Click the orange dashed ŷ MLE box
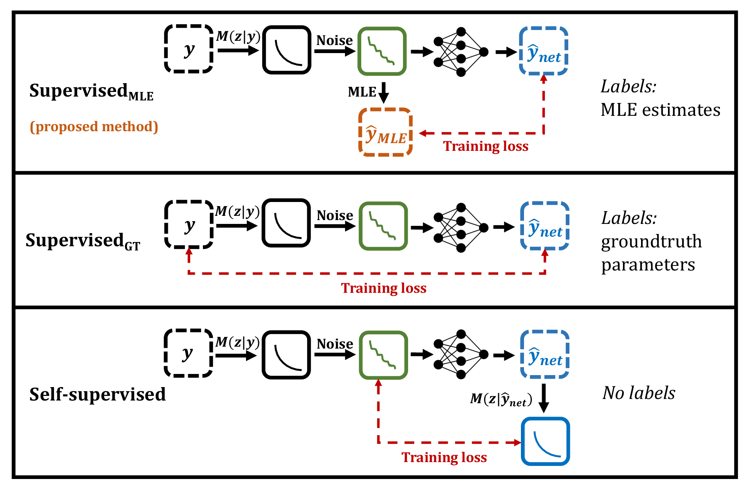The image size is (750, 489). (385, 132)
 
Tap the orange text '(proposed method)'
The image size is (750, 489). (94, 127)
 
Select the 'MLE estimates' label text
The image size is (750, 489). (660, 110)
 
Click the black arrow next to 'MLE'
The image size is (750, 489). (383, 92)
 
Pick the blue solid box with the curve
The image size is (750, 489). (545, 441)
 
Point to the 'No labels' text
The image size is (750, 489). (639, 393)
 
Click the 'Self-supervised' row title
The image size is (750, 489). (97, 394)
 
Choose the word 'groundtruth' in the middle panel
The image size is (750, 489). (651, 241)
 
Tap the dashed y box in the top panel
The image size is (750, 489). (189, 49)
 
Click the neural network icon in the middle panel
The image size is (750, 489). (461, 228)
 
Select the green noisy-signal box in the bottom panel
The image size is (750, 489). (383, 355)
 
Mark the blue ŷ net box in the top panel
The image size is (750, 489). (544, 51)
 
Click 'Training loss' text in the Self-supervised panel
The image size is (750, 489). (444, 457)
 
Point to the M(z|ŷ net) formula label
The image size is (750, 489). (501, 399)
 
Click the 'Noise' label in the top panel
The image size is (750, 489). (334, 40)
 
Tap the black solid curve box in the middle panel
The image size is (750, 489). (286, 223)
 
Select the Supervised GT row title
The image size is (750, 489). (83, 241)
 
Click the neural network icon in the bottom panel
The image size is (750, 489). (461, 354)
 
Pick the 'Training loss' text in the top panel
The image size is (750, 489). (486, 146)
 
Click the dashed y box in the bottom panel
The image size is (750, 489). (188, 353)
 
